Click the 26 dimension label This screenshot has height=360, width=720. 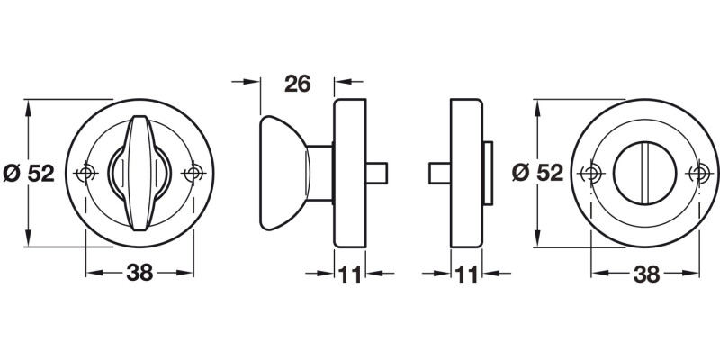(298, 84)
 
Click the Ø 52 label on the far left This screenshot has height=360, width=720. (29, 173)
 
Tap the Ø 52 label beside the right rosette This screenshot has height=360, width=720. (537, 173)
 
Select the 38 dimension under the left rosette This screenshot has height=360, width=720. (139, 274)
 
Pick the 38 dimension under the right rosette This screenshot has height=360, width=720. (646, 274)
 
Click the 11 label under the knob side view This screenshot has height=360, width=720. (349, 274)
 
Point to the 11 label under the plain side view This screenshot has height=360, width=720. (466, 274)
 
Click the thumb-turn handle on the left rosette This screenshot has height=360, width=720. (139, 173)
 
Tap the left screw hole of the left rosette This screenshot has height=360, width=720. (85, 173)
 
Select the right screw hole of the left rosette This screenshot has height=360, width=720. (193, 173)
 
